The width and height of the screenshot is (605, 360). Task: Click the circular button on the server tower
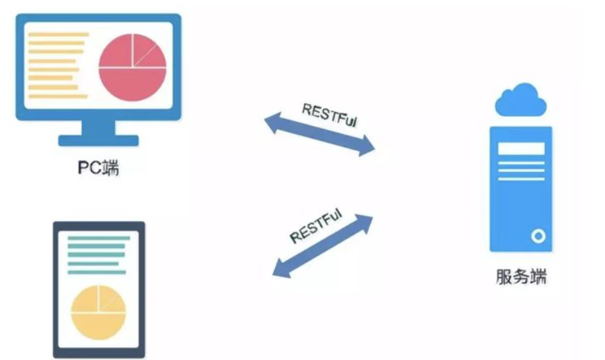point(537,235)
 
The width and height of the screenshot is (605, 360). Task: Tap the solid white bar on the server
point(521,149)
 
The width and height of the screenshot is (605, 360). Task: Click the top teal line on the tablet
point(99,238)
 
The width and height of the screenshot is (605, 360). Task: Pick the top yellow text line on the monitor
point(57,34)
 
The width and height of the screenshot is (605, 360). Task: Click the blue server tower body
point(521,201)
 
